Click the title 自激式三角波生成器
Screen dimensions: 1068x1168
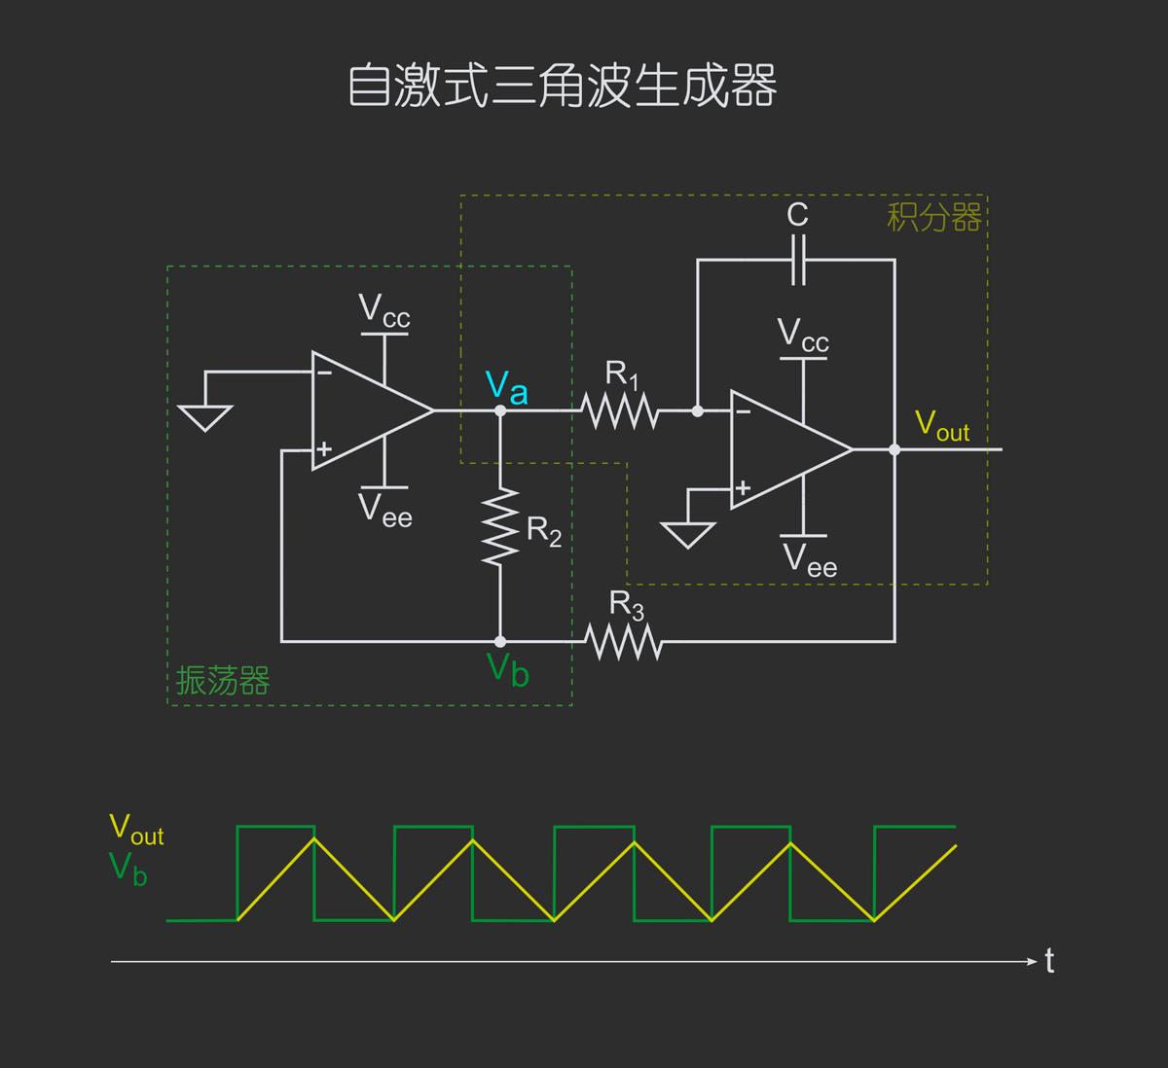click(x=562, y=86)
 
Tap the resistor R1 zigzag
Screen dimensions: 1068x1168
click(x=621, y=411)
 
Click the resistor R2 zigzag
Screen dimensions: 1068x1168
click(x=500, y=526)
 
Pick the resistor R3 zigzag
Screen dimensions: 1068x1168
click(x=624, y=642)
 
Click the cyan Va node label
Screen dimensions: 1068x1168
click(x=506, y=387)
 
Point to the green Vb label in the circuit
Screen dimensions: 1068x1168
click(x=507, y=669)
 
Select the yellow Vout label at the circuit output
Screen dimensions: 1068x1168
click(x=941, y=426)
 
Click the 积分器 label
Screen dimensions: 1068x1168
click(x=933, y=217)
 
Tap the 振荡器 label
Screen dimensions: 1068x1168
click(x=223, y=681)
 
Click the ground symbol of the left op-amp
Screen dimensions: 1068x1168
click(x=205, y=416)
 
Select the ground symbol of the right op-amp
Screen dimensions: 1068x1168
click(x=687, y=535)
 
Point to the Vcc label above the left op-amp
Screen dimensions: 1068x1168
click(x=384, y=310)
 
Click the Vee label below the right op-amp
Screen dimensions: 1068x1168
click(x=810, y=560)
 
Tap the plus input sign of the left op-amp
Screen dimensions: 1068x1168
click(x=324, y=449)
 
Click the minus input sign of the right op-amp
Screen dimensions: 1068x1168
click(x=744, y=411)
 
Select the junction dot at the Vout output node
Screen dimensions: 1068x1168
click(x=894, y=449)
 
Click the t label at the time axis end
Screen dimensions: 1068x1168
click(x=1049, y=961)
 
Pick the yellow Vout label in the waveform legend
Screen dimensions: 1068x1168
click(x=136, y=830)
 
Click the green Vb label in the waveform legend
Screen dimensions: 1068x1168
click(x=128, y=868)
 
